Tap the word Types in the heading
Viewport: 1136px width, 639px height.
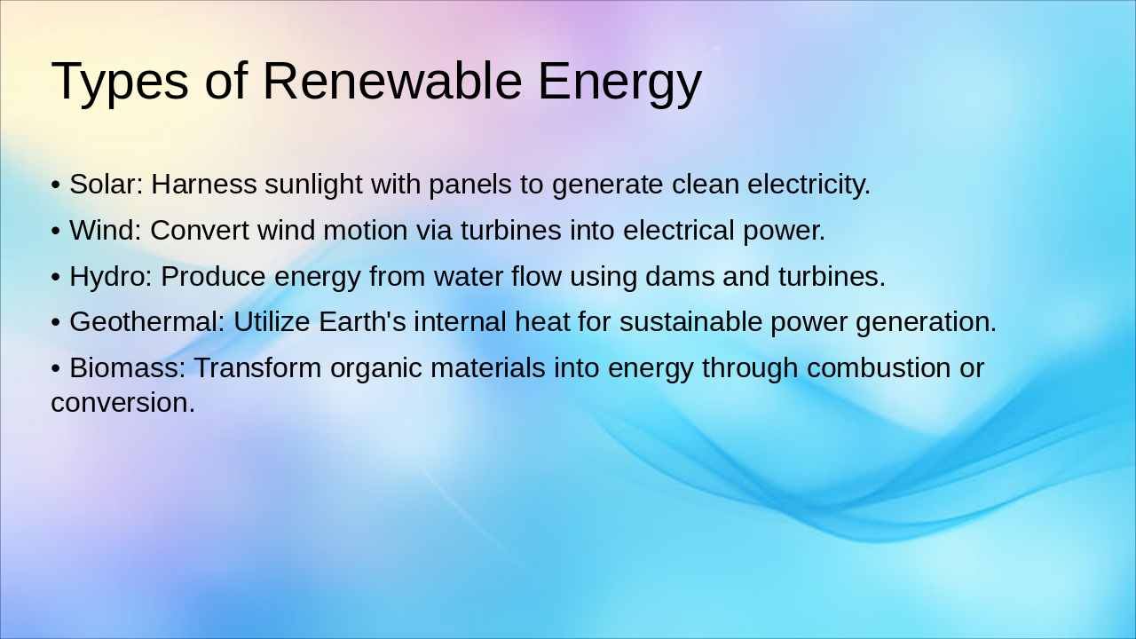point(119,81)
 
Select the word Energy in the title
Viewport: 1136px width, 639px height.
point(619,81)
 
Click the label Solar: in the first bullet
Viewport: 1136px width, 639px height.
point(106,185)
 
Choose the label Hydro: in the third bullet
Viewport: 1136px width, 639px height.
point(111,277)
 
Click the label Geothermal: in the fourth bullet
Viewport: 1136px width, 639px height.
point(146,322)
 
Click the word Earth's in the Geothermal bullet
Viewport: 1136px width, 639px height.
point(362,322)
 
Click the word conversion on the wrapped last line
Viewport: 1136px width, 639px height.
point(122,403)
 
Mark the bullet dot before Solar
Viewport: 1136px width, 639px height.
point(56,186)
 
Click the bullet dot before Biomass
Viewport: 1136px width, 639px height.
point(56,368)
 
